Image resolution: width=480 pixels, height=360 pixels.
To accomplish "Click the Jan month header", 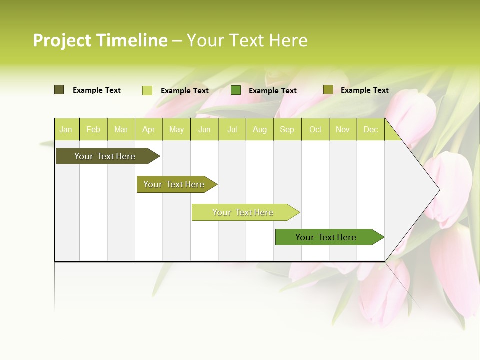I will point(66,130).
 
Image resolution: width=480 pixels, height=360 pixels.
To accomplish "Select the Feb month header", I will point(93,130).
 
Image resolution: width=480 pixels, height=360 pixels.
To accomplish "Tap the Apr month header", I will point(148,130).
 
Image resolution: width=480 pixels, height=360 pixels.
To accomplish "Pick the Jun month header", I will point(204,130).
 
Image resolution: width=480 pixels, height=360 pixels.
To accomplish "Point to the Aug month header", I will point(259,130).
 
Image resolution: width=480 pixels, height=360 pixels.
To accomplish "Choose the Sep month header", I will point(287,130).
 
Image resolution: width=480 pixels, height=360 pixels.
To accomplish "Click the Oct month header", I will point(315,130).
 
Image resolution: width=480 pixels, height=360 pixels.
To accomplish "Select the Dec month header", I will point(370,130).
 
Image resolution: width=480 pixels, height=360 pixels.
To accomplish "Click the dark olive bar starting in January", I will point(105,156).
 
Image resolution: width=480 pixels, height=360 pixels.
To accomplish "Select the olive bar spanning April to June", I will point(174,184).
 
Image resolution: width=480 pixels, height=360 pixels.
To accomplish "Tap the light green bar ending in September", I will point(243,212).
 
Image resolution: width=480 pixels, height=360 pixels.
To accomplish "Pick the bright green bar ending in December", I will point(326,237).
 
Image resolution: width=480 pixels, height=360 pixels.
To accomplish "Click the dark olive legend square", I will point(59,90).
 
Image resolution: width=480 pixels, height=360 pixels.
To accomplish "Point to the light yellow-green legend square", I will point(147,90).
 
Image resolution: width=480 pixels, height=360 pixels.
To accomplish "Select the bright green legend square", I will point(236,90).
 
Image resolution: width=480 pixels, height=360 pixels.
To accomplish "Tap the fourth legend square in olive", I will point(328,90).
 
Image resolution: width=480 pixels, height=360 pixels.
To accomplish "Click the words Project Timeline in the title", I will point(100,40).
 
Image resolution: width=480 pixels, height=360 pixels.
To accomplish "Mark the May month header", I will point(176,130).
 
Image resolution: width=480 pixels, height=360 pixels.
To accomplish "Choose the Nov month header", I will point(343,130).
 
